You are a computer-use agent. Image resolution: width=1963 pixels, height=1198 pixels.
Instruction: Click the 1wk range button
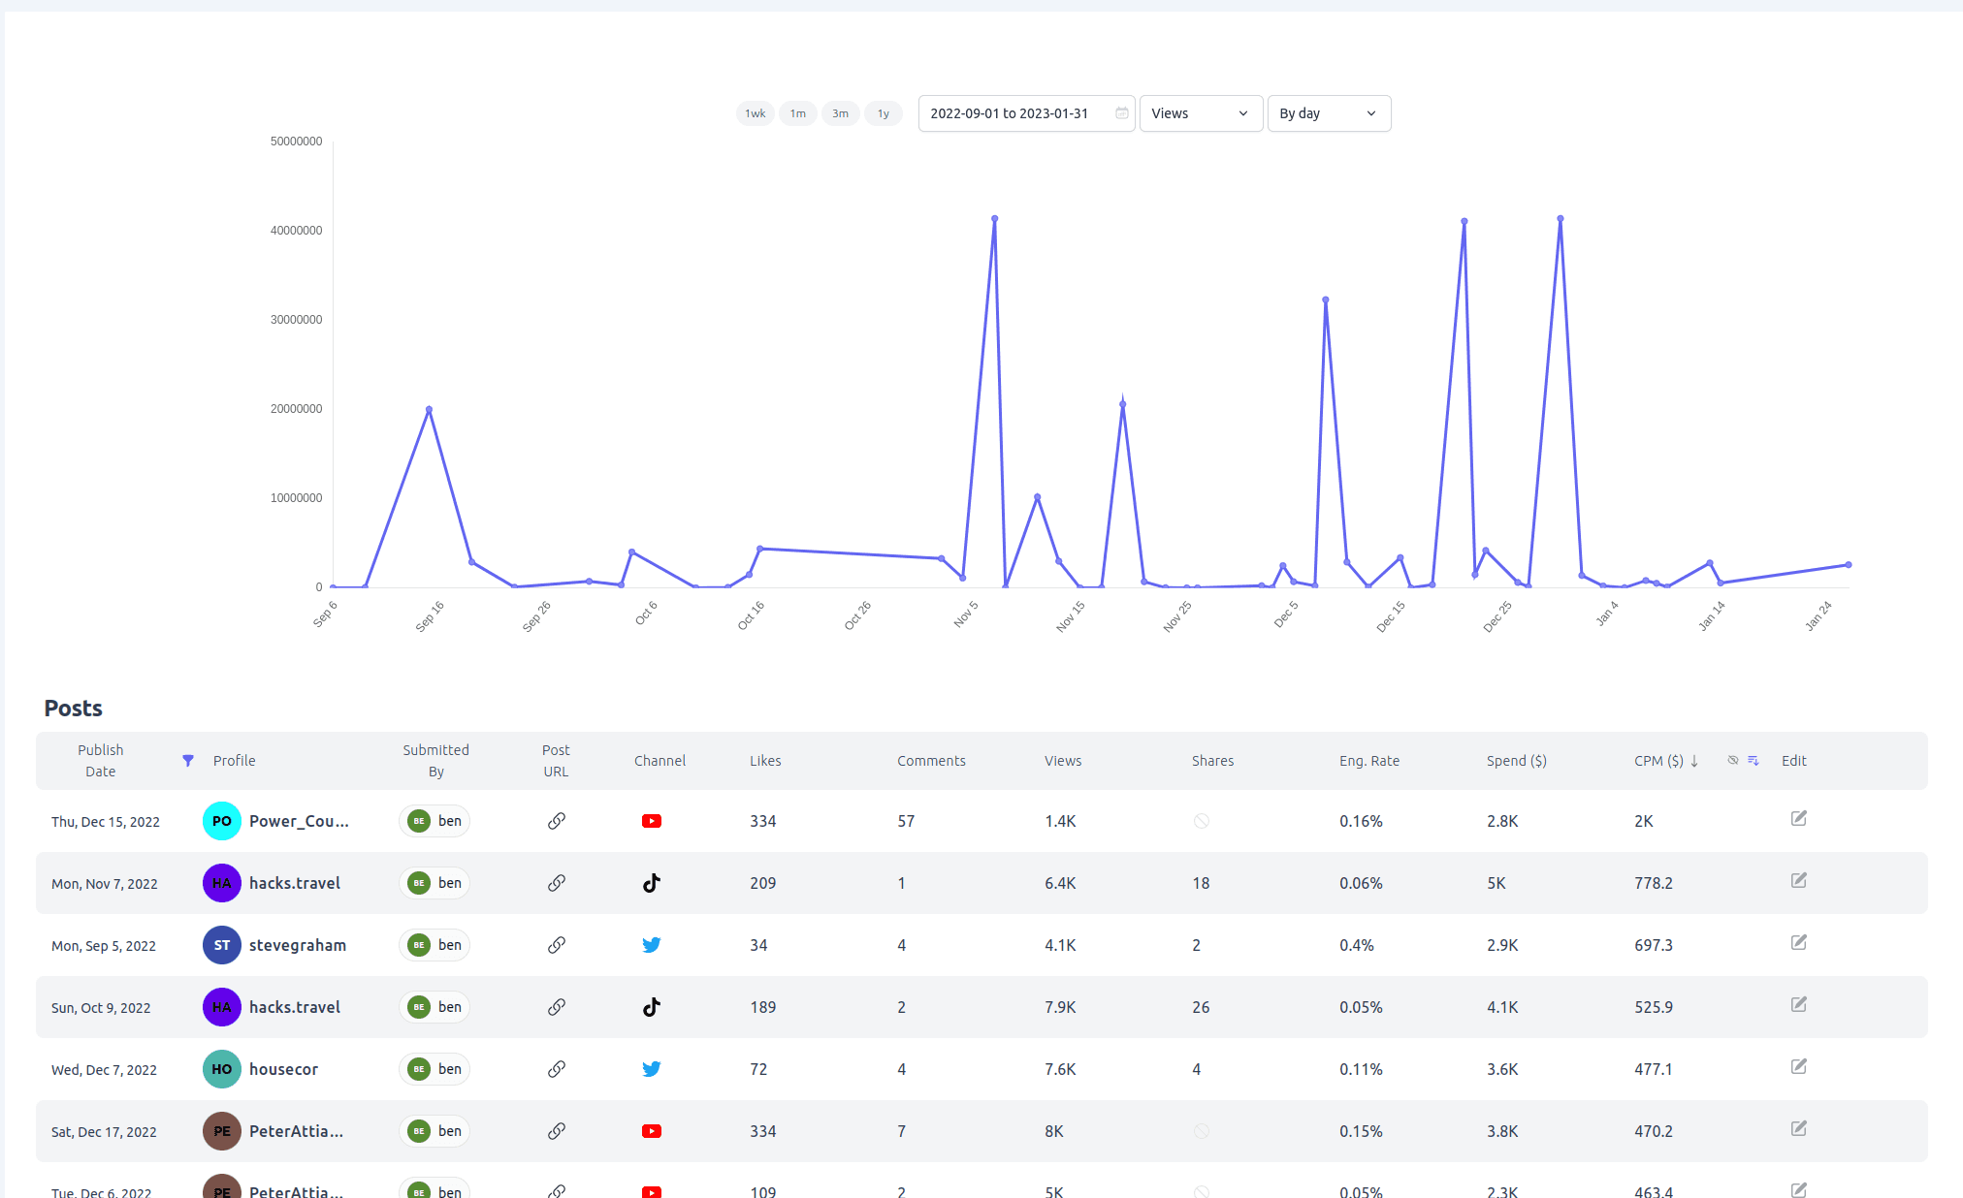[756, 113]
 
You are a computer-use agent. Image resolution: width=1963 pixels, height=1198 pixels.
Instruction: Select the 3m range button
[841, 113]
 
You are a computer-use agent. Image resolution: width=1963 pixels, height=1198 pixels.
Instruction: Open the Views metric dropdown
[1201, 113]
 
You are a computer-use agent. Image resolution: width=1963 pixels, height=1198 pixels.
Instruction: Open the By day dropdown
[1329, 113]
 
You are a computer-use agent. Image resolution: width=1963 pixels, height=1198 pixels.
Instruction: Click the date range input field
[1026, 113]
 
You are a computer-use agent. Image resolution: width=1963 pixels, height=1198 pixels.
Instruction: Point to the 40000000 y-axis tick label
[297, 231]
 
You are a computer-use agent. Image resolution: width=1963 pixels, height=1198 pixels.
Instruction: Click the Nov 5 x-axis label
[966, 614]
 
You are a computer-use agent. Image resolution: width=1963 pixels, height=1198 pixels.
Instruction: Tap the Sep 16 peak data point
[429, 410]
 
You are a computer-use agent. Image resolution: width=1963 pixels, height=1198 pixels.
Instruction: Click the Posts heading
[74, 709]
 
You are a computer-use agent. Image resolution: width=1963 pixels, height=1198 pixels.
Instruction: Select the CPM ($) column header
[1658, 761]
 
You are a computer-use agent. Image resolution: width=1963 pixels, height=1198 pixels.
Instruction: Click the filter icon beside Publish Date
[188, 761]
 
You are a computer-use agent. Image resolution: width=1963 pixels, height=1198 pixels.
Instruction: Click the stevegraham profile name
[298, 945]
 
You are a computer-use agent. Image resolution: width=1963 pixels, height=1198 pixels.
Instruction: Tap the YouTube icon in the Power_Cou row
[652, 821]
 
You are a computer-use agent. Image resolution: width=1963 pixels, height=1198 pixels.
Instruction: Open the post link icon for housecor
[557, 1069]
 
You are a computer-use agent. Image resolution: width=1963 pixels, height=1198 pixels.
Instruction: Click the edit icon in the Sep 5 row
[1799, 942]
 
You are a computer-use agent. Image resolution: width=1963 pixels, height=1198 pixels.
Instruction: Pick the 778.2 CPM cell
[1654, 883]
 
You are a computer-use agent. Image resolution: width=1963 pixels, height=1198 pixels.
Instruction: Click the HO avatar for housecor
[222, 1069]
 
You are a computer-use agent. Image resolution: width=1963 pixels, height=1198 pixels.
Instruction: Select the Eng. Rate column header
[1369, 761]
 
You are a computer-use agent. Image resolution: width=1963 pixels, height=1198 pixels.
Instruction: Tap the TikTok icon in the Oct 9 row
[652, 1007]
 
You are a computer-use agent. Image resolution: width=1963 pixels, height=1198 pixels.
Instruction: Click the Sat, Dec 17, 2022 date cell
[104, 1132]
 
